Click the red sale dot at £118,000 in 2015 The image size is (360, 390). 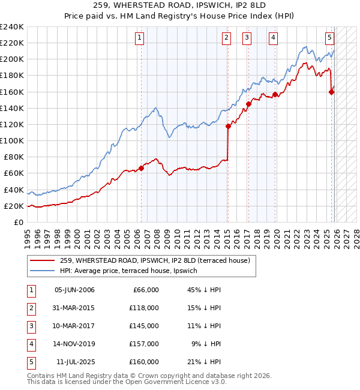228,126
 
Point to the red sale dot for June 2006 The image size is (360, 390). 142,169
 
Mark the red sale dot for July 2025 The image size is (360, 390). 331,92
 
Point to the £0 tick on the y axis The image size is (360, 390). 18,222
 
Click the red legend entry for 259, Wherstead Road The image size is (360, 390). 158,260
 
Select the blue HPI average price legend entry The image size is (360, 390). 137,271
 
